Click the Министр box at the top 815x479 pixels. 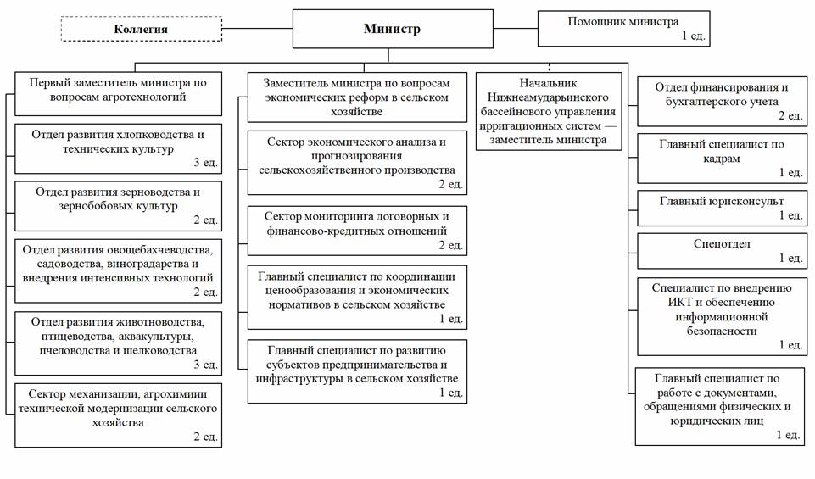point(392,29)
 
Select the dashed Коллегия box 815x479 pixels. point(141,29)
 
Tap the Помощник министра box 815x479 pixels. point(622,27)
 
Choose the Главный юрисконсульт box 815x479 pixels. point(720,208)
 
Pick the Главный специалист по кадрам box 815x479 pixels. point(720,158)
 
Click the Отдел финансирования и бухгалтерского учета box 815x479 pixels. point(720,100)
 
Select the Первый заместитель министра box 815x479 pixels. point(119,91)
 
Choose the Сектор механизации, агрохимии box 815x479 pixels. point(119,415)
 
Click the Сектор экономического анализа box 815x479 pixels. point(357,162)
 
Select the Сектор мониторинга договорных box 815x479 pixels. point(357,230)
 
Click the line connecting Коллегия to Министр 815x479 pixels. point(258,29)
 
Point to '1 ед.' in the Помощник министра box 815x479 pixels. point(693,36)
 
